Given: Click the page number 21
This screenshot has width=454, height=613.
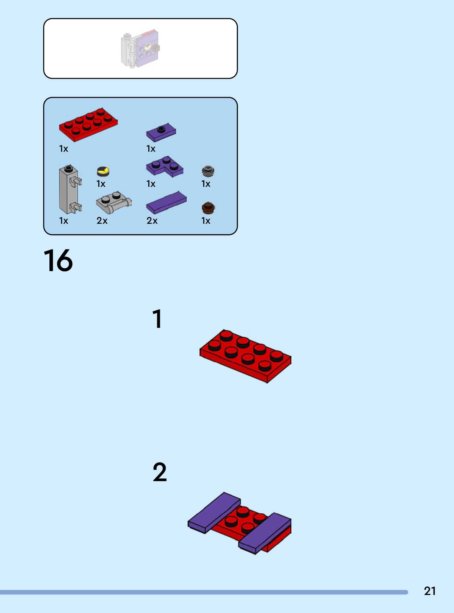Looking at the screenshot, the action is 430,591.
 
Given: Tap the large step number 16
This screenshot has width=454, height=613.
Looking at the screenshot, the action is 58,260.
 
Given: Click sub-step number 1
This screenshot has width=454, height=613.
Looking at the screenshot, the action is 157,319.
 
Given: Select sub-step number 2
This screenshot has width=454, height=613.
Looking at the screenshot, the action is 160,472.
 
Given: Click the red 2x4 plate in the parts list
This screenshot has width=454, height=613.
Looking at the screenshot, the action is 88,124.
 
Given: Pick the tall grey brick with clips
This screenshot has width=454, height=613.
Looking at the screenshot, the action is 70,189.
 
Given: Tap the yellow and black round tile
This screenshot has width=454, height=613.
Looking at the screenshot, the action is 103,171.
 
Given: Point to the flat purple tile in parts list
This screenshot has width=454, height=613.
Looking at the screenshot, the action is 166,203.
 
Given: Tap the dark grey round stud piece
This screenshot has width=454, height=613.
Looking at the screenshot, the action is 208,171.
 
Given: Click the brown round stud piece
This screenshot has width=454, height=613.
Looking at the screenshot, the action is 208,208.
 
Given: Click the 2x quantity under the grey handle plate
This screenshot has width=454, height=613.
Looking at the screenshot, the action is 102,220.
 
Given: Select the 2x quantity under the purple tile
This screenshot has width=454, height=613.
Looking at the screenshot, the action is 152,220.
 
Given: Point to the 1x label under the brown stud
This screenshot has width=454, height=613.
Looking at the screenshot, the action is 206,220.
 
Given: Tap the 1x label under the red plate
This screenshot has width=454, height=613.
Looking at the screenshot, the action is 63,149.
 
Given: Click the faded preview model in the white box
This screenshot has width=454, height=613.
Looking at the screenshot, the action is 141,48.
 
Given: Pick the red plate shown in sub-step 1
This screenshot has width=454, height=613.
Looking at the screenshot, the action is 245,356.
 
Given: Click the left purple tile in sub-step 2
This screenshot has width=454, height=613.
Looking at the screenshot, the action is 214,513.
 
